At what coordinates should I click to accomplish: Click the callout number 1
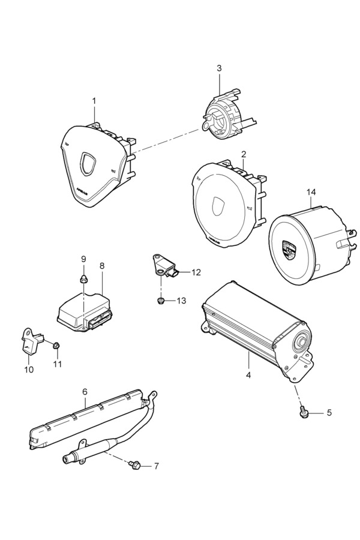94,101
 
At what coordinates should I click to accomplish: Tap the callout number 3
219,68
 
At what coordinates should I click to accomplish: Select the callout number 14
311,192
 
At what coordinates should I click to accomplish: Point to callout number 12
196,272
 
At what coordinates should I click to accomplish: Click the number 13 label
181,301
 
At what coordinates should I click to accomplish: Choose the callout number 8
101,266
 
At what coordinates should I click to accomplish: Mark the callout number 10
29,370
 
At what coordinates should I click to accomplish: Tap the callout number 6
85,392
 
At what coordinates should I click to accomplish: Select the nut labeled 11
57,345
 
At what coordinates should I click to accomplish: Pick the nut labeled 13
160,301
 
